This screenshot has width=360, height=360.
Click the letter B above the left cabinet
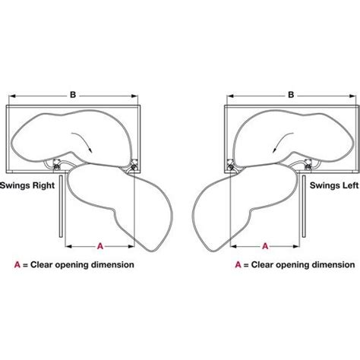[x=73, y=95]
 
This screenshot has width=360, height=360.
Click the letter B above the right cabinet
[x=291, y=95]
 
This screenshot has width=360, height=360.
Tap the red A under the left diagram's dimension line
[x=100, y=246]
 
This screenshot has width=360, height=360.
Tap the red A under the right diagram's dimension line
[x=265, y=246]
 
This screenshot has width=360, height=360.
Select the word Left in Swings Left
[x=350, y=185]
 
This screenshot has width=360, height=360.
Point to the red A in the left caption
[x=17, y=265]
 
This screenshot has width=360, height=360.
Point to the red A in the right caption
[x=238, y=265]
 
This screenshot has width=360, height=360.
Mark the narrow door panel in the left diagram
[x=61, y=206]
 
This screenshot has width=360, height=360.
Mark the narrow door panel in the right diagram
[x=304, y=206]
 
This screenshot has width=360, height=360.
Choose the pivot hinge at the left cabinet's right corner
[x=133, y=166]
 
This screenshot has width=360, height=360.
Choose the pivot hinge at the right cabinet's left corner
[x=230, y=166]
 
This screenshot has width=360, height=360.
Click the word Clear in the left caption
[x=41, y=265]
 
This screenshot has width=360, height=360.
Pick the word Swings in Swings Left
[x=325, y=185]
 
